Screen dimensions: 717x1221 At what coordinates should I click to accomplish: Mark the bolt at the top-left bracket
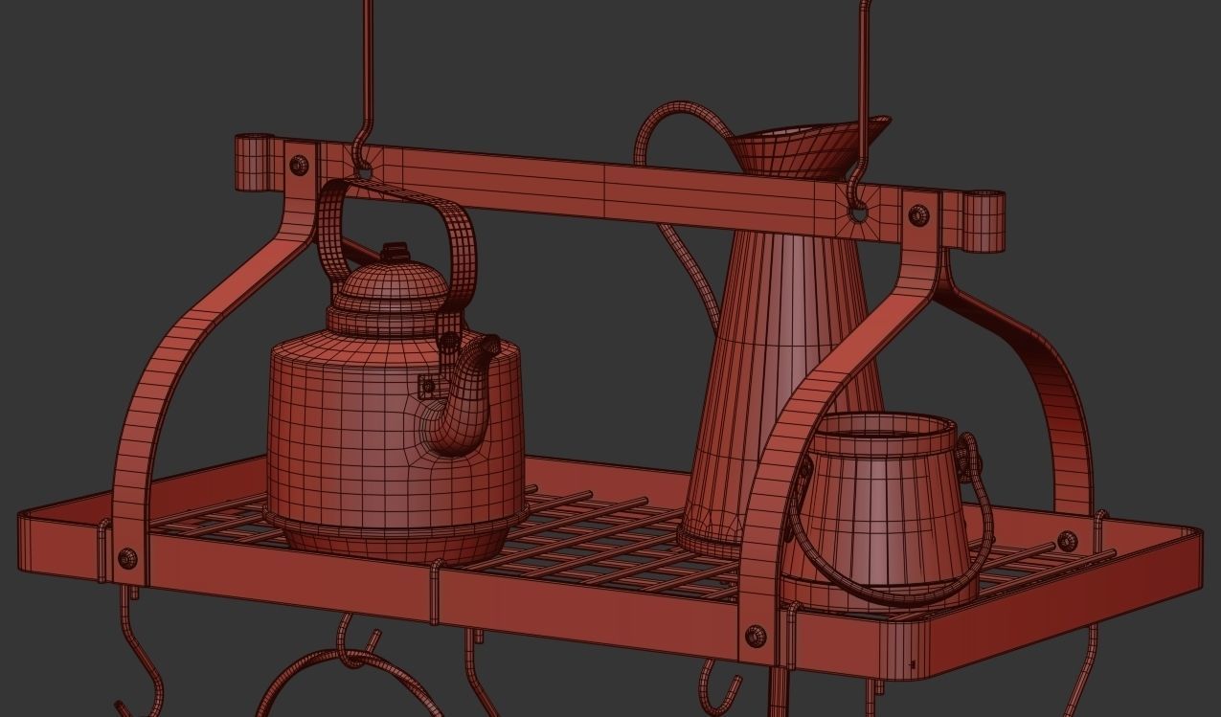tap(299, 164)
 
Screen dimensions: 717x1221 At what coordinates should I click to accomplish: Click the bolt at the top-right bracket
tap(917, 214)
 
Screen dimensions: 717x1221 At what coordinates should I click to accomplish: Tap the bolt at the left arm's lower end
tap(126, 558)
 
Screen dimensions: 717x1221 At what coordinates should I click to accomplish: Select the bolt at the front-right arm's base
tap(755, 635)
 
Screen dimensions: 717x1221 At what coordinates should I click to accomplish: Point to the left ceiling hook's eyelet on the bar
tap(363, 172)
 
